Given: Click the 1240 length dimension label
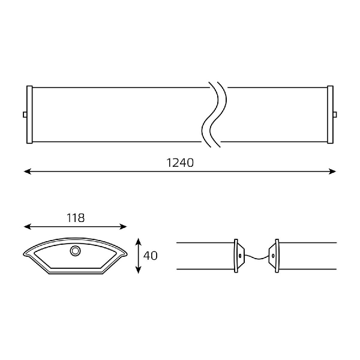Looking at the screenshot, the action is pyautogui.click(x=180, y=163).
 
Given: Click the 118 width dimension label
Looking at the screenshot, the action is pyautogui.click(x=76, y=218).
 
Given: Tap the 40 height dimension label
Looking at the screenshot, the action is pyautogui.click(x=151, y=256).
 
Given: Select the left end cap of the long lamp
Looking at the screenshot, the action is pyautogui.click(x=29, y=115).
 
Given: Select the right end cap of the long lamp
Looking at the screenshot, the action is pyautogui.click(x=330, y=115).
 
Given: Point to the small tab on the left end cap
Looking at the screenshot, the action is pyautogui.click(x=25, y=115).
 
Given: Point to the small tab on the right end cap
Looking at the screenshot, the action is pyautogui.click(x=335, y=115).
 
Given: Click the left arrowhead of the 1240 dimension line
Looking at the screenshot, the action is pyautogui.click(x=28, y=171).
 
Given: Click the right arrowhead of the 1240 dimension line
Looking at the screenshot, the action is pyautogui.click(x=332, y=171).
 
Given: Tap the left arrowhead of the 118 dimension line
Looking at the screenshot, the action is pyautogui.click(x=28, y=227).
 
